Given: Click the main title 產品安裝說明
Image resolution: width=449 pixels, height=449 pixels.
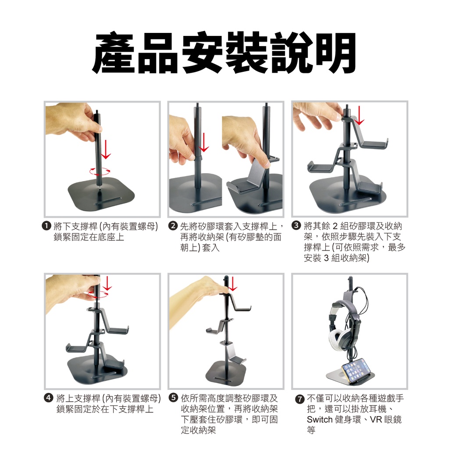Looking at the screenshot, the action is click(x=224, y=53).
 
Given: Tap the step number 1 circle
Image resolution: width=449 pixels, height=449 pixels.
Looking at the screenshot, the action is click(x=46, y=226).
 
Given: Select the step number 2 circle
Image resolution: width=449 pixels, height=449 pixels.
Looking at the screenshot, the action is click(x=173, y=226).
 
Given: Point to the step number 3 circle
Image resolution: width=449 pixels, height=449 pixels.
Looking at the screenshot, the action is click(x=297, y=226).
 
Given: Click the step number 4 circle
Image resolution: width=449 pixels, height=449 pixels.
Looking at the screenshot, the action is click(x=49, y=398).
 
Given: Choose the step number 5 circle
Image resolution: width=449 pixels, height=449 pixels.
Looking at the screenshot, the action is click(x=173, y=398).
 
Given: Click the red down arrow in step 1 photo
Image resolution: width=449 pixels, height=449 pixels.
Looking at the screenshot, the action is click(x=106, y=149).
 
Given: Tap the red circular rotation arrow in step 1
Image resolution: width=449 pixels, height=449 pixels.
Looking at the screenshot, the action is click(x=100, y=171).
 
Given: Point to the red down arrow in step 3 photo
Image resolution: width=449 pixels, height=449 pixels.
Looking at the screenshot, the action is click(x=359, y=115).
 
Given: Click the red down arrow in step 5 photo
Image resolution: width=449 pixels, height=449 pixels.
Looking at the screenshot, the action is click(x=233, y=284).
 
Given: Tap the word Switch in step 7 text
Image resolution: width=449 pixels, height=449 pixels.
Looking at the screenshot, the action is click(x=320, y=420).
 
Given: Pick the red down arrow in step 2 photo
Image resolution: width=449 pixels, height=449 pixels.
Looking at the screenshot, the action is click(x=204, y=143).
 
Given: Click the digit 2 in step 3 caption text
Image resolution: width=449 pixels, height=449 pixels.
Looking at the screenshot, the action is click(x=335, y=226).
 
